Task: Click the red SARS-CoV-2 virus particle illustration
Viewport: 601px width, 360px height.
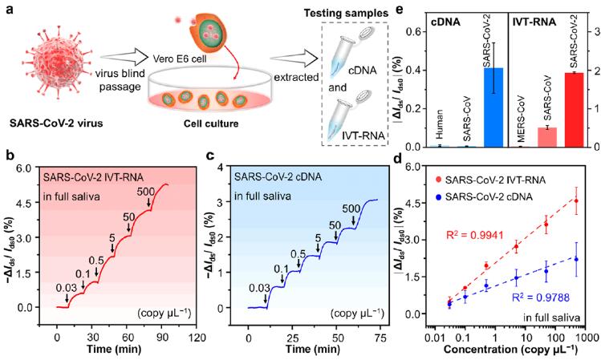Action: coord(57,64)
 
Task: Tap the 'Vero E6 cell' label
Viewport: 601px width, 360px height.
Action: coord(180,59)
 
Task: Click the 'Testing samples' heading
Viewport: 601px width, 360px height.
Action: coord(346,14)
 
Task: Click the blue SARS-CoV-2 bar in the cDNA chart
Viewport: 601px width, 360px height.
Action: coord(493,107)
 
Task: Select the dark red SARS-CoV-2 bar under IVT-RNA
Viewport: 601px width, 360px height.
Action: coord(575,110)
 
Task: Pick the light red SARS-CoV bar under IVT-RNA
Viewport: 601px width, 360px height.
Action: coord(547,137)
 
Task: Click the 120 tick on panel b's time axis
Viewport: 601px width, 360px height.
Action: coord(198,338)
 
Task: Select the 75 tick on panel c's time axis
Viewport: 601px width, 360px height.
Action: coord(380,338)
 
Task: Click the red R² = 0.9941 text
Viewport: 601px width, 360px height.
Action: coord(473,235)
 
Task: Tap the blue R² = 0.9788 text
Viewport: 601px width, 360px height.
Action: coord(540,297)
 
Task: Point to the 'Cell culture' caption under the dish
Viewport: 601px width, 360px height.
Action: coord(211,123)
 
